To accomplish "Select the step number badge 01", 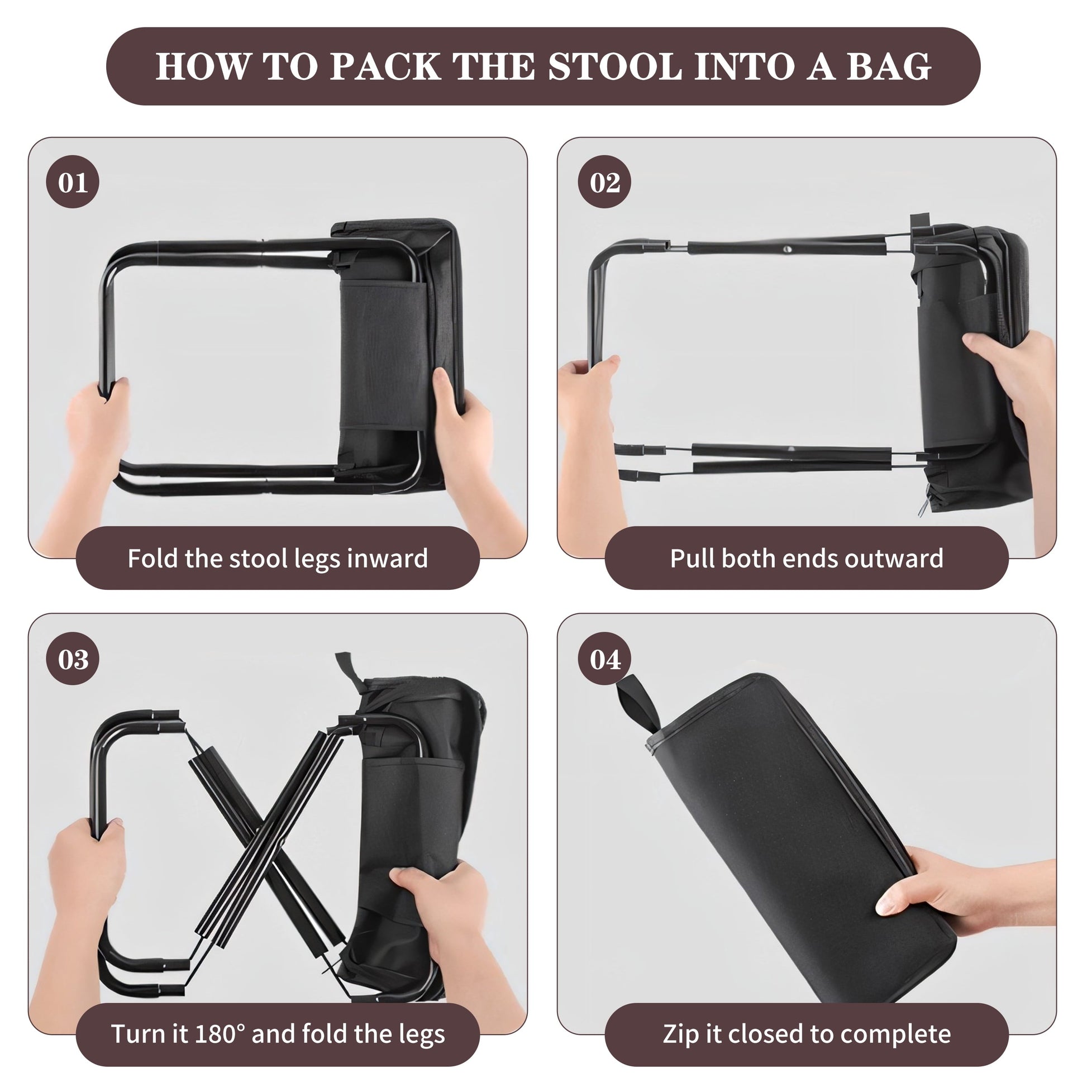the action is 73,182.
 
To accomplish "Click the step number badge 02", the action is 605,182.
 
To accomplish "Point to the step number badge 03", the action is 73,659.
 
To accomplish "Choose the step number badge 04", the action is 605,659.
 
